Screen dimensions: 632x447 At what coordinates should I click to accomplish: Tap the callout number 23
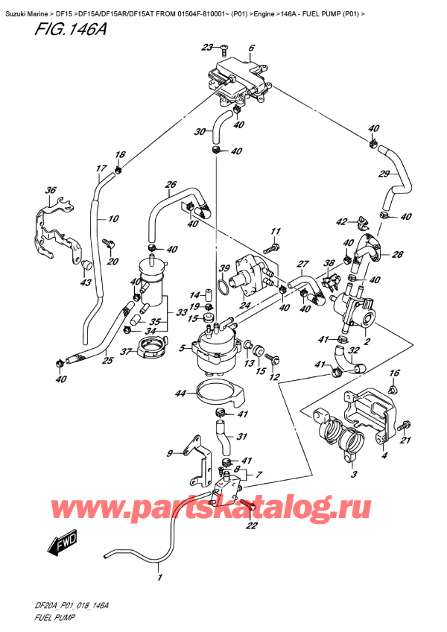206,48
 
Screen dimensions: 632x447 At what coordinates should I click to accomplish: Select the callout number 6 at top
252,48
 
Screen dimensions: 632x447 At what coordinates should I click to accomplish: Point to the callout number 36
51,191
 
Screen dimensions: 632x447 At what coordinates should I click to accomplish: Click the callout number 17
101,169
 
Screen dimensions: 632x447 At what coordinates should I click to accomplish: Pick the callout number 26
170,185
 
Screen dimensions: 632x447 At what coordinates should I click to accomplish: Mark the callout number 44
180,394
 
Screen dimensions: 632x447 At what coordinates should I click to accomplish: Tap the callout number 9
171,452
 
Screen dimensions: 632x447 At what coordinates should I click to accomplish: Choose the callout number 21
407,441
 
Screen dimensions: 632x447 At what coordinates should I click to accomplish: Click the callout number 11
274,230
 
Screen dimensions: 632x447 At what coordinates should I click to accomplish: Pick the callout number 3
354,475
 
